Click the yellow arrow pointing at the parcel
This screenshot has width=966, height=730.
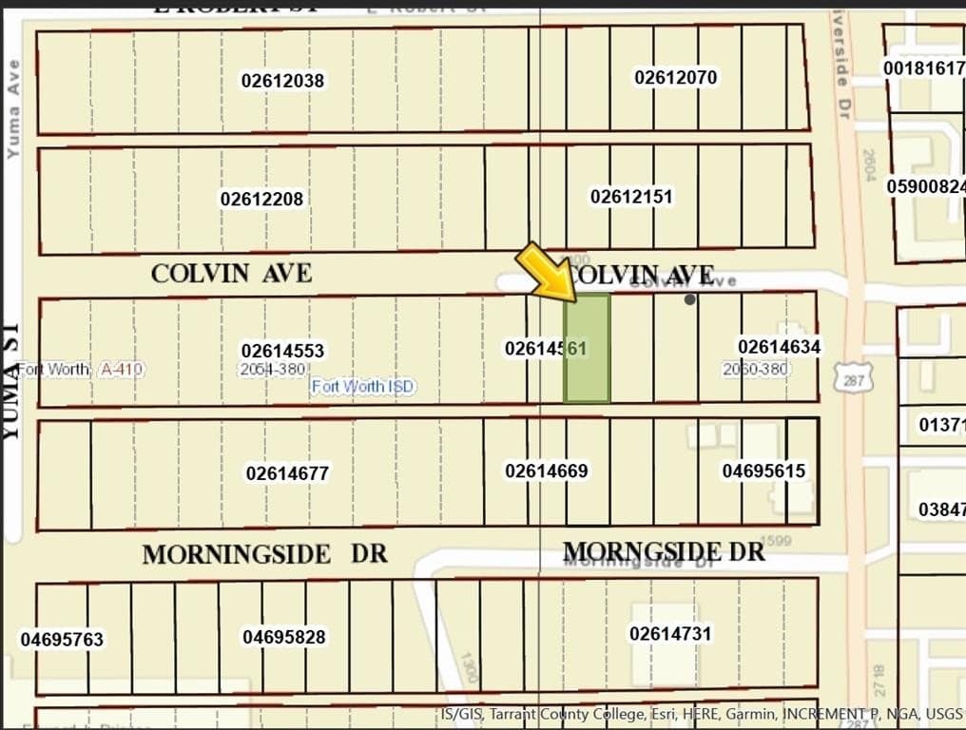[x=545, y=271]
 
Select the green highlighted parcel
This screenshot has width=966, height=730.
[x=588, y=348]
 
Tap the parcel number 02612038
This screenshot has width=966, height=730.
[x=282, y=81]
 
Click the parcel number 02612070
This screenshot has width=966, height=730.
[x=676, y=77]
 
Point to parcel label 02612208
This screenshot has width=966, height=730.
[x=261, y=199]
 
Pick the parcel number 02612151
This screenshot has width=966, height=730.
[x=631, y=197]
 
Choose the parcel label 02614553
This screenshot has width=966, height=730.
[x=282, y=351]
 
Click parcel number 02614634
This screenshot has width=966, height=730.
[x=779, y=347]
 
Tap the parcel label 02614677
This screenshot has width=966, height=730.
[x=287, y=472]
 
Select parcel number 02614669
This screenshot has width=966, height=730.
[x=547, y=471]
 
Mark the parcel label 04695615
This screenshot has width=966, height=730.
[x=763, y=471]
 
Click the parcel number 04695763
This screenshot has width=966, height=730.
[x=62, y=640]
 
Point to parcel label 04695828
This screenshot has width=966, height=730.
[x=283, y=637]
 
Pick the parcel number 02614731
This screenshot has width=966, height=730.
[x=670, y=633]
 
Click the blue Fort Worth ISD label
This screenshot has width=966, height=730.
[x=362, y=386]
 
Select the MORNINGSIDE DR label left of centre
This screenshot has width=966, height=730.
[x=264, y=554]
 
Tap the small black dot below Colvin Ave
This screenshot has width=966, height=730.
[x=690, y=299]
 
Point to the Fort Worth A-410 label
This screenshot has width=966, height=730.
[x=80, y=369]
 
